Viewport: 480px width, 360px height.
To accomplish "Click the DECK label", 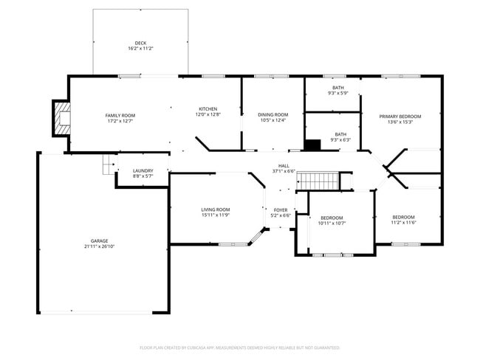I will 140,44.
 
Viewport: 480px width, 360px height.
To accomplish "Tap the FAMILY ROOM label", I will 120,115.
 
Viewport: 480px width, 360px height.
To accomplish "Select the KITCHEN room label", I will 208,109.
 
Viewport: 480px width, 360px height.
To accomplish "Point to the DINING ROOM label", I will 272,114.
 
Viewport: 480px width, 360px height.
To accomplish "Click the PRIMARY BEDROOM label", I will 400,117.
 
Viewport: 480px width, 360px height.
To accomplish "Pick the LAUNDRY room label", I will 143,170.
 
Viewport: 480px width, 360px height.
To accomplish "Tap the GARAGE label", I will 99,240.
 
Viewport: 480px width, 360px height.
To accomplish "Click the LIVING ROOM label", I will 216,210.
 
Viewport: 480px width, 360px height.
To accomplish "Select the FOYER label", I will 281,210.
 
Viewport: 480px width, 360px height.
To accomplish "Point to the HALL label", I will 284,166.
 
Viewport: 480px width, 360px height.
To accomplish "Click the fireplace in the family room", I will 62,117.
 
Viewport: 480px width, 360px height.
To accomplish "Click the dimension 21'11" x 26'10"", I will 99,246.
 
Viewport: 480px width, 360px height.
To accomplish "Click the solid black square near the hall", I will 313,145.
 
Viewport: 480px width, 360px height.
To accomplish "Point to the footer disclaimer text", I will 239,347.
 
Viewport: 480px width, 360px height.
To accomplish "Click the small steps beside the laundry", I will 109,164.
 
